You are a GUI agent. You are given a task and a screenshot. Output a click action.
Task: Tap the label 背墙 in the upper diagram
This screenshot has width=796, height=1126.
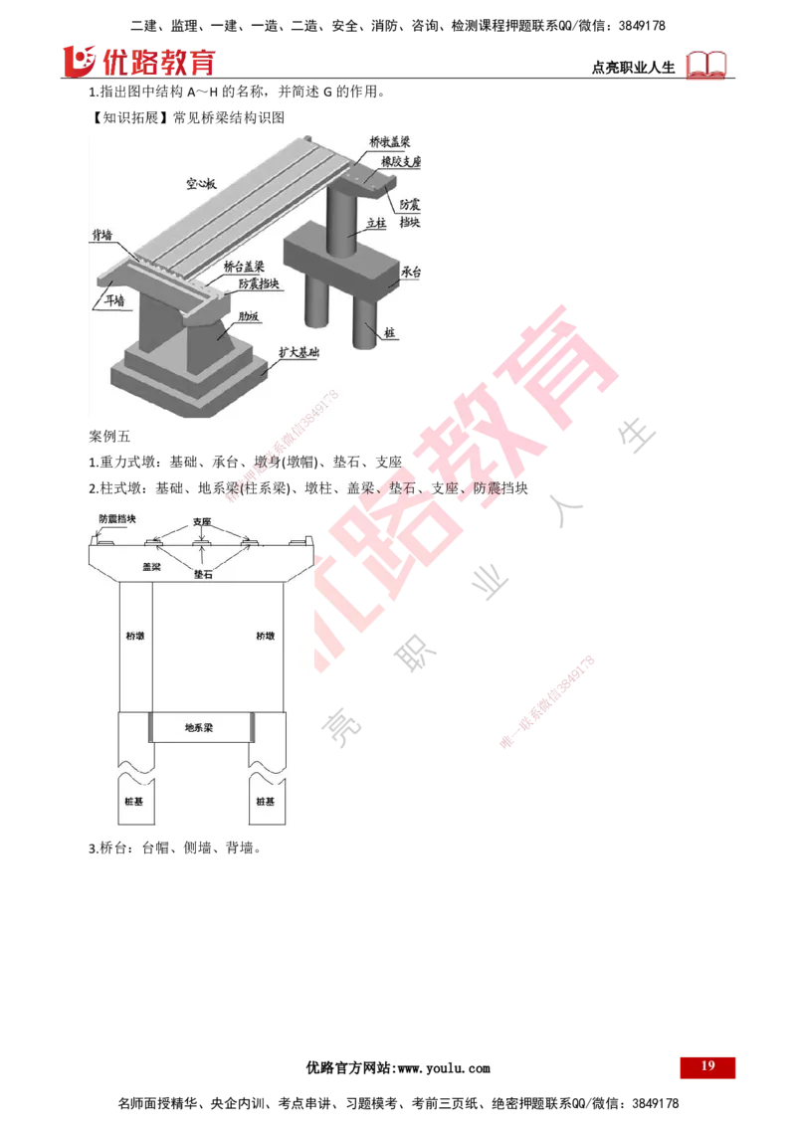(x=101, y=237)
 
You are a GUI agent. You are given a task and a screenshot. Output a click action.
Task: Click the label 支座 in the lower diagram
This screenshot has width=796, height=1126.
(x=202, y=521)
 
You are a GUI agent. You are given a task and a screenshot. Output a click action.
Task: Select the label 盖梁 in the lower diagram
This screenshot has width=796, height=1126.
(x=151, y=564)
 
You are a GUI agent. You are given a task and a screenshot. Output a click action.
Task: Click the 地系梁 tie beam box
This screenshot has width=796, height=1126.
(x=201, y=728)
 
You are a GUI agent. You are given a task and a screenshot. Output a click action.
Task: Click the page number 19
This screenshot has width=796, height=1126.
(x=707, y=1066)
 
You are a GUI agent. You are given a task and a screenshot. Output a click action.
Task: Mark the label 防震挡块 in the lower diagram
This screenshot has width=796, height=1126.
(x=117, y=518)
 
